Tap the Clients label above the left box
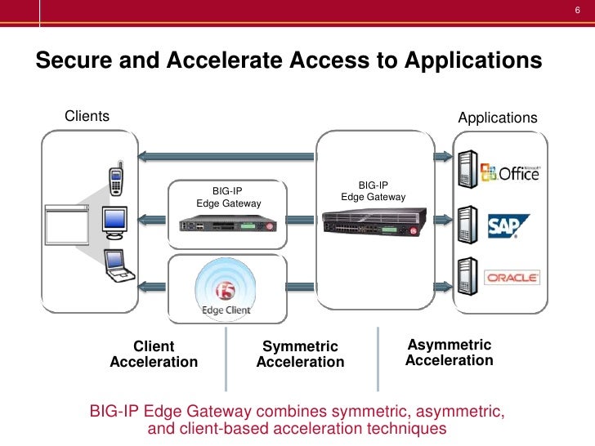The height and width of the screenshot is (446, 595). tap(87, 116)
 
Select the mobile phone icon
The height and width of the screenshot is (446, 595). tap(117, 180)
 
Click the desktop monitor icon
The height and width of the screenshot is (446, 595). tap(114, 220)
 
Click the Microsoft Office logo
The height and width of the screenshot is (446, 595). tap(510, 173)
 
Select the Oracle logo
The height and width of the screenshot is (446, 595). tap(512, 278)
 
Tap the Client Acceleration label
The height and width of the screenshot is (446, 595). tap(154, 354)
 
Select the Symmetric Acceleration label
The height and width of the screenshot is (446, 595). tap(300, 355)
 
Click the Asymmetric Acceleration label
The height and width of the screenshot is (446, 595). tap(449, 353)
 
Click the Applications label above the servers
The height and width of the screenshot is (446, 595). tap(497, 118)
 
